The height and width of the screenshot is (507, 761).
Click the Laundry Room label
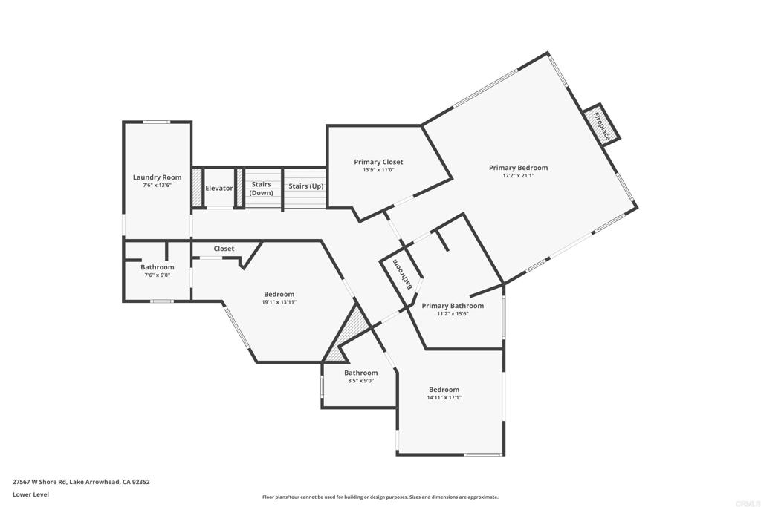pyautogui.click(x=157, y=177)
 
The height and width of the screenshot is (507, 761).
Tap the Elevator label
pyautogui.click(x=219, y=189)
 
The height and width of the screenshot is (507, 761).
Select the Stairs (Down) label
pyautogui.click(x=261, y=189)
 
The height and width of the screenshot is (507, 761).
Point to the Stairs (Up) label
pyautogui.click(x=305, y=186)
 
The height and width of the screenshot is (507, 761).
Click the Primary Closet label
pyautogui.click(x=378, y=162)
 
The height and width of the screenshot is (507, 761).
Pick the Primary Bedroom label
pyautogui.click(x=518, y=168)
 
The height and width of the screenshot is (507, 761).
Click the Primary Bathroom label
pyautogui.click(x=453, y=306)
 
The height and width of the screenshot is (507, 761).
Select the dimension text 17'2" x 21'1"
pyautogui.click(x=518, y=176)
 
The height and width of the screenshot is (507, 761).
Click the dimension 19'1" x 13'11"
pyautogui.click(x=279, y=302)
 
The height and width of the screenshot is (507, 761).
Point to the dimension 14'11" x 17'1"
pyautogui.click(x=444, y=397)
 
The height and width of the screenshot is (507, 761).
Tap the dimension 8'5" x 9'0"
pyautogui.click(x=360, y=381)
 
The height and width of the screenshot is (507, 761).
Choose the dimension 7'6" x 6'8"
pyautogui.click(x=157, y=275)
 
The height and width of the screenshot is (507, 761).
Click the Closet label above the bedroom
pyautogui.click(x=224, y=249)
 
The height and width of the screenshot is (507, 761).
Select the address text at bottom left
pyautogui.click(x=81, y=482)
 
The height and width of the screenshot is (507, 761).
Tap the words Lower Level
pyautogui.click(x=30, y=494)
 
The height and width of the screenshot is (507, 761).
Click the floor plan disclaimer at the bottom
pyautogui.click(x=380, y=497)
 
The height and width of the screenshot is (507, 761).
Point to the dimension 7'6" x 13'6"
pyautogui.click(x=157, y=186)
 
